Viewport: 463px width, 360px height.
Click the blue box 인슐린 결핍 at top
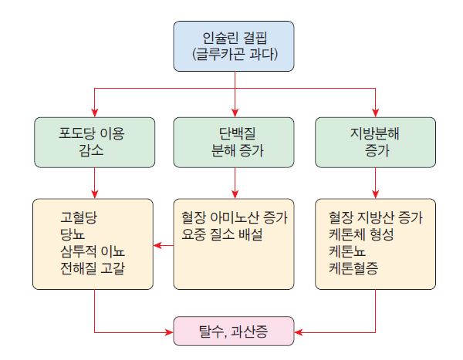[x=234, y=45]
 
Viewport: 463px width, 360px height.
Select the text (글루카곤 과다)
[x=234, y=55]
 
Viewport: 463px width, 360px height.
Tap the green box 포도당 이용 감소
[x=94, y=141]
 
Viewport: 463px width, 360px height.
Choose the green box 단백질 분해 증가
[x=234, y=141]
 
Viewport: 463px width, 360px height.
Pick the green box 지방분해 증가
[x=374, y=141]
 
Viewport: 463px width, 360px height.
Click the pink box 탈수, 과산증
[x=234, y=332]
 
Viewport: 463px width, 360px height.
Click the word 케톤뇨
[x=346, y=251]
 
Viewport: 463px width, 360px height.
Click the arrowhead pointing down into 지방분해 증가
[x=374, y=113]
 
